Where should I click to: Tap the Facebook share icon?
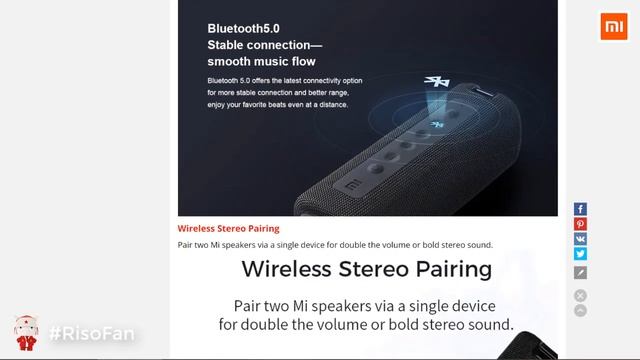(580, 209)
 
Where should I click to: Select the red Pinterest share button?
(580, 225)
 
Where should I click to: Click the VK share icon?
(580, 240)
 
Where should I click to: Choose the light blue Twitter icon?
(580, 255)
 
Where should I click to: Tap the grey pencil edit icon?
(580, 272)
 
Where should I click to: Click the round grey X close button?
(580, 295)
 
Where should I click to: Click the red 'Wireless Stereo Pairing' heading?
(228, 228)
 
